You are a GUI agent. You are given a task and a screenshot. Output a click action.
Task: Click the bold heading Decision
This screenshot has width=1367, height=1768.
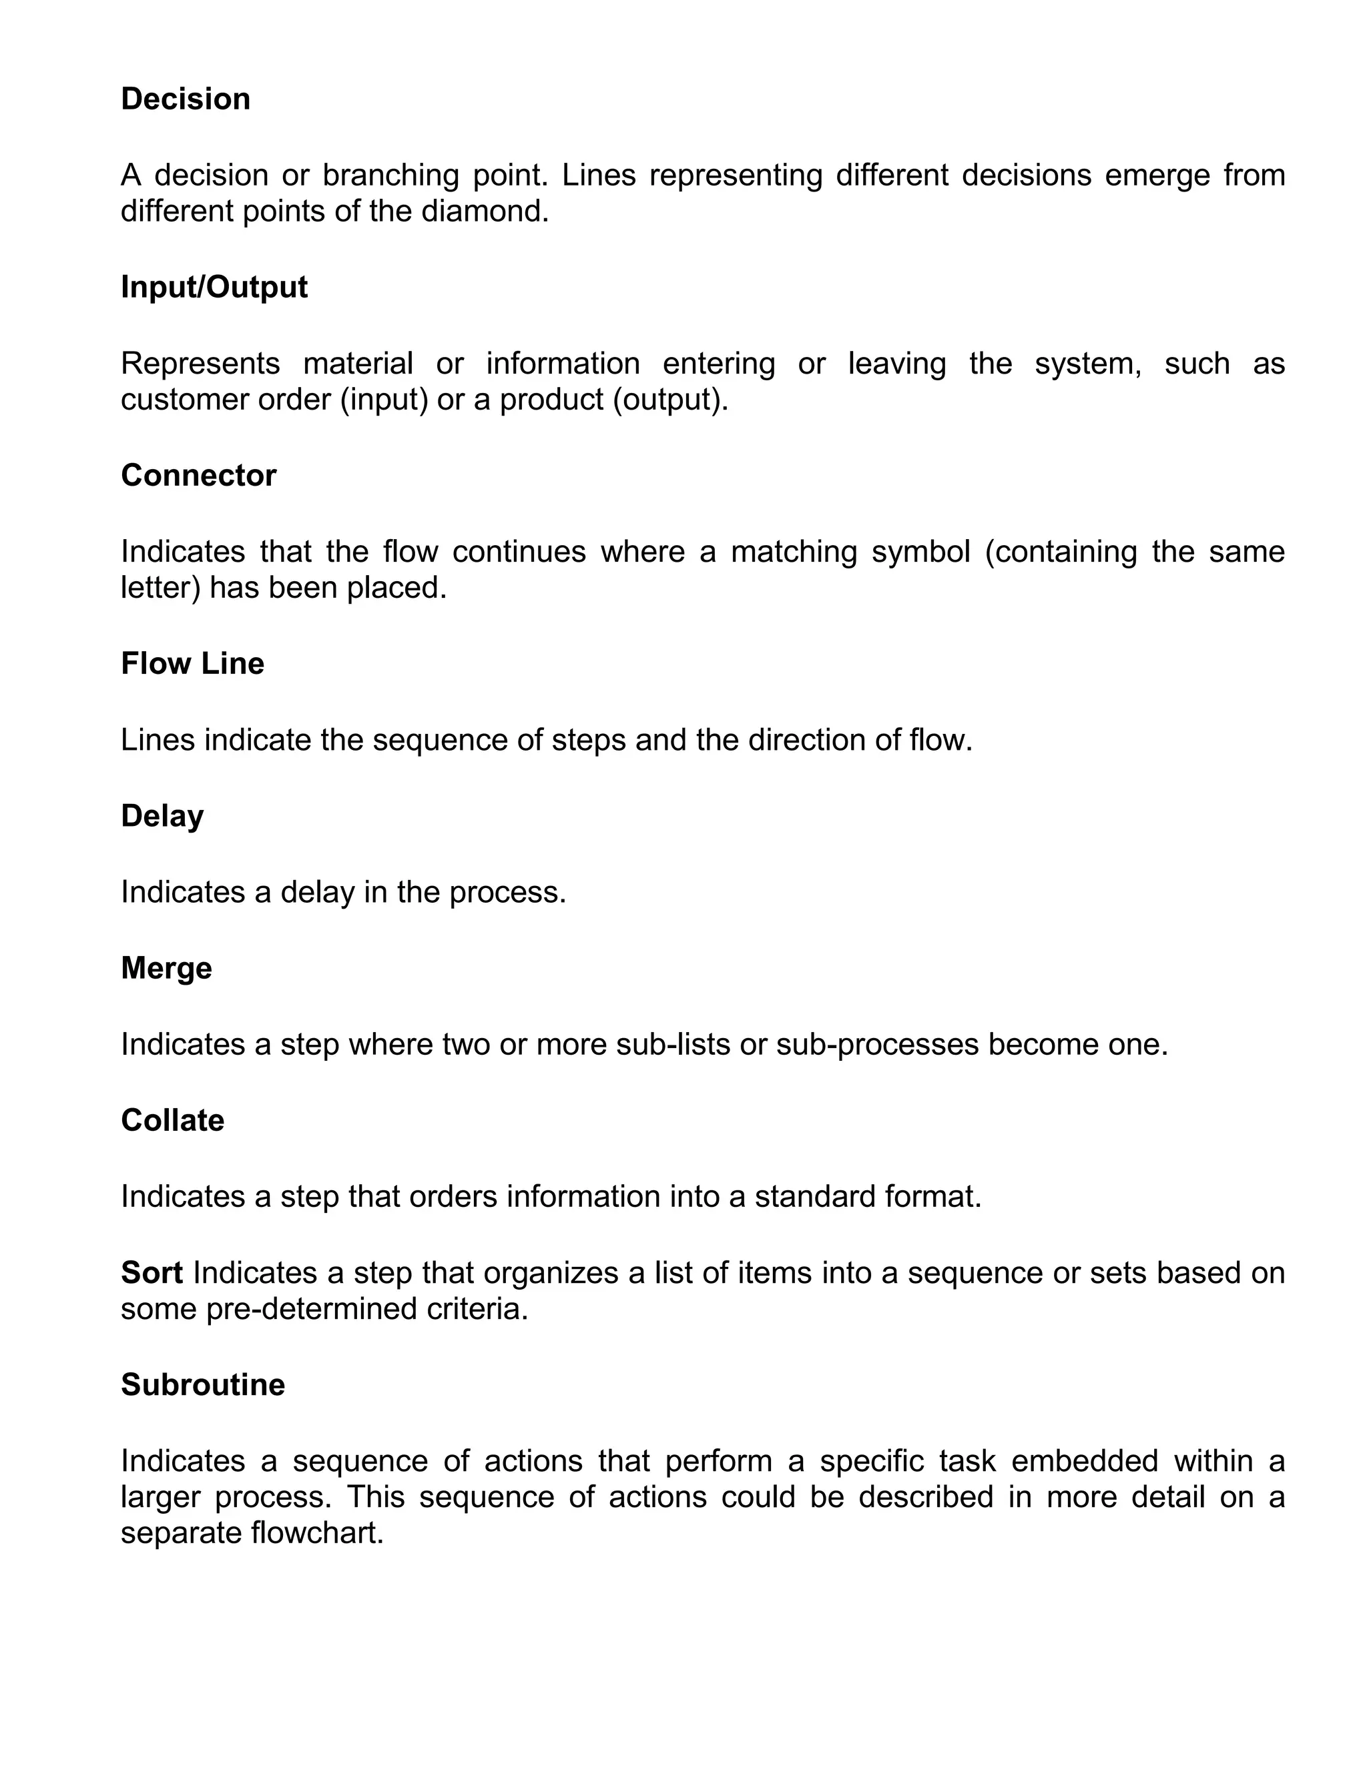(x=186, y=99)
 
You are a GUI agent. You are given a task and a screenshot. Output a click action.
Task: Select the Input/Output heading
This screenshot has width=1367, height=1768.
(x=214, y=288)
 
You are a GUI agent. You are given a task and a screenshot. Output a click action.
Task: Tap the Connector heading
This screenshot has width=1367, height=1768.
(x=198, y=475)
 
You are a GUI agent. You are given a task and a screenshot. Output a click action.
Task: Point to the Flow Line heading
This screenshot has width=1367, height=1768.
(x=193, y=664)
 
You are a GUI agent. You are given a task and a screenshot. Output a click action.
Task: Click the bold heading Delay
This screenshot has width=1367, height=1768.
(x=162, y=816)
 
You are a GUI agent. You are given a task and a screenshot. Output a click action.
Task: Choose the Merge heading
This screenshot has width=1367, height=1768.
(x=166, y=968)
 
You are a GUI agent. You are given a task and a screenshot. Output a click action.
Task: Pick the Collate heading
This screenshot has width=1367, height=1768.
(x=172, y=1120)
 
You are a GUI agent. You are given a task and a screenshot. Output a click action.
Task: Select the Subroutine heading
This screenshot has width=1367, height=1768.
(x=202, y=1385)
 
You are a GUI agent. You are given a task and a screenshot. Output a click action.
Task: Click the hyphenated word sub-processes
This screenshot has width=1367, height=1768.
(x=878, y=1045)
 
